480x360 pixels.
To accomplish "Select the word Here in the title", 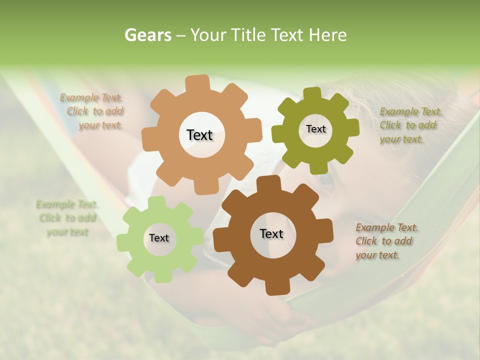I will pyautogui.click(x=328, y=35).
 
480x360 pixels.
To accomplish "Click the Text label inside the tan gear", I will pyautogui.click(x=199, y=135).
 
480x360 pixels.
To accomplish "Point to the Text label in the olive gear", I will pyautogui.click(x=315, y=129).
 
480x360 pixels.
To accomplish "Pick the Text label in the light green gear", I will pyautogui.click(x=159, y=238).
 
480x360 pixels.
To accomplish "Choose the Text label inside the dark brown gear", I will pyautogui.click(x=271, y=234).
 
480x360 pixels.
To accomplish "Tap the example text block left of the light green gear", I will pyautogui.click(x=67, y=218).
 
